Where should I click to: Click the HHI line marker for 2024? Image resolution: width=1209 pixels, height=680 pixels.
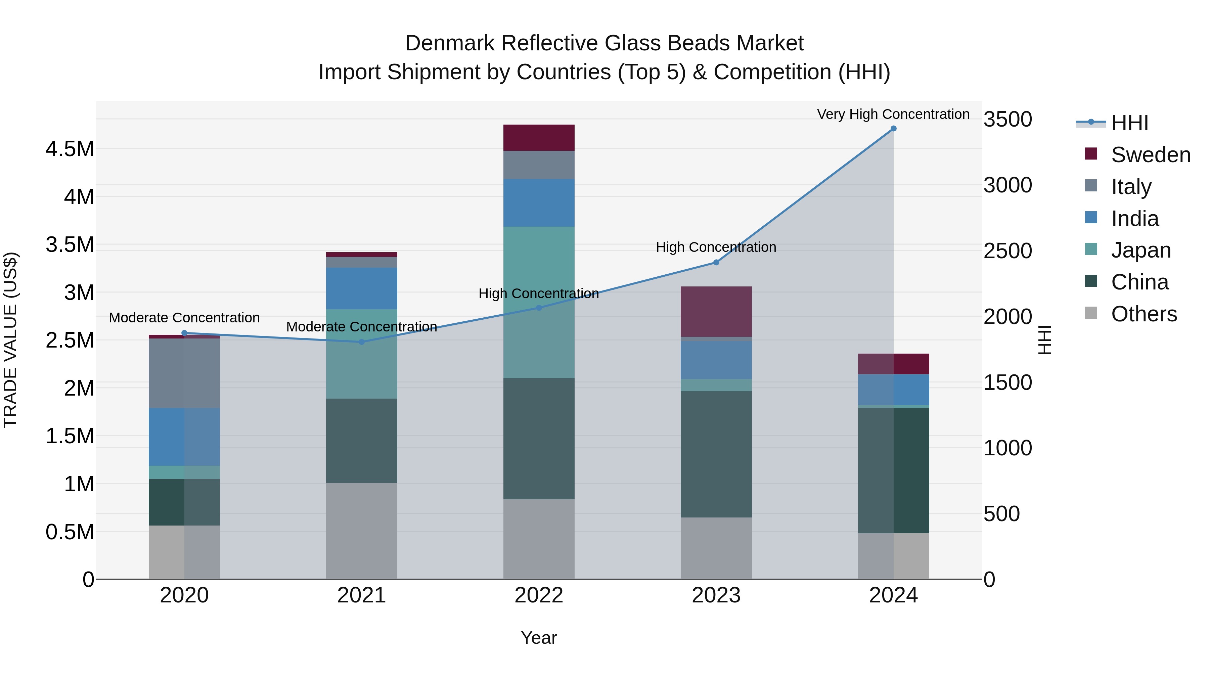[893, 129]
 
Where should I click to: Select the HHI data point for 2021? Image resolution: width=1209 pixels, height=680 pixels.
[361, 342]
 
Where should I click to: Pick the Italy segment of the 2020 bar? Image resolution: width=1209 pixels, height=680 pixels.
[184, 373]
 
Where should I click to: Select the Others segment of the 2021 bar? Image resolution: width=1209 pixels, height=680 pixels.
[361, 531]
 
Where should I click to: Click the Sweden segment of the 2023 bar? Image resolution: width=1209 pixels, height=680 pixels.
[716, 311]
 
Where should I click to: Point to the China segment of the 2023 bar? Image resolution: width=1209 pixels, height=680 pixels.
[716, 454]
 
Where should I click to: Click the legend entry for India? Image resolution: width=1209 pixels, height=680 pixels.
[1134, 219]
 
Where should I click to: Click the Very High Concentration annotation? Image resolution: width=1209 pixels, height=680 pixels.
[893, 114]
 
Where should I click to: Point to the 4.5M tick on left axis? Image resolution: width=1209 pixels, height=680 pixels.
[70, 149]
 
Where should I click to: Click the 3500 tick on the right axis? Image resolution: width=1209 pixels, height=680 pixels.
[1007, 119]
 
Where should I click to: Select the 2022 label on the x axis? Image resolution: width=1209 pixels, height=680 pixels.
[539, 595]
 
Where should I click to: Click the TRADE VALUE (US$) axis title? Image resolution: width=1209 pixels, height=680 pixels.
[10, 340]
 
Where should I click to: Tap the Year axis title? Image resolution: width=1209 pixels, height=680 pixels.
[539, 638]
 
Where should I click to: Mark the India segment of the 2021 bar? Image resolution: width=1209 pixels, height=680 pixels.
[361, 288]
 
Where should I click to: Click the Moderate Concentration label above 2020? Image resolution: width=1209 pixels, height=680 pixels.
[184, 318]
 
